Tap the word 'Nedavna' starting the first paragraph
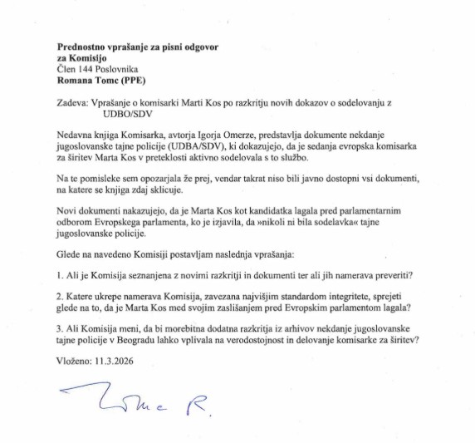(x=77, y=133)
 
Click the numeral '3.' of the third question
(x=61, y=339)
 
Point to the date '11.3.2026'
(x=114, y=374)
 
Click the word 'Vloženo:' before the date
(x=75, y=374)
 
